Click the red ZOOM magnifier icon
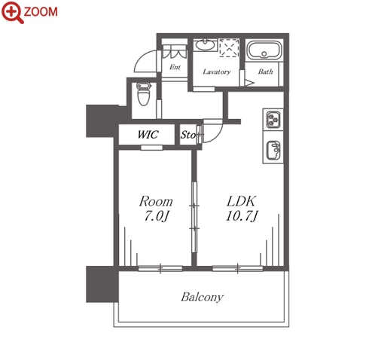coord(13,12)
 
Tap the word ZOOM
coord(41,12)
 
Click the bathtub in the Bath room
coord(264,50)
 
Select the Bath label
coord(265,72)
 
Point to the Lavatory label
coord(217,72)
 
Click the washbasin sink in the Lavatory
coord(205,45)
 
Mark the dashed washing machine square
coord(229,47)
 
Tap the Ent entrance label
coord(175,67)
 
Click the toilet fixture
coord(144,94)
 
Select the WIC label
coord(148,135)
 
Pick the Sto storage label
coord(188,135)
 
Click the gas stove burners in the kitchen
coord(273,120)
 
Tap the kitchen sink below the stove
coord(273,151)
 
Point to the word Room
coord(156,201)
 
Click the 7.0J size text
coord(157,216)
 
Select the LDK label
coord(241,201)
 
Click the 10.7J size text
coord(242,216)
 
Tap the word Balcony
coord(202,297)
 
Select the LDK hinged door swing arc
coord(219,136)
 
